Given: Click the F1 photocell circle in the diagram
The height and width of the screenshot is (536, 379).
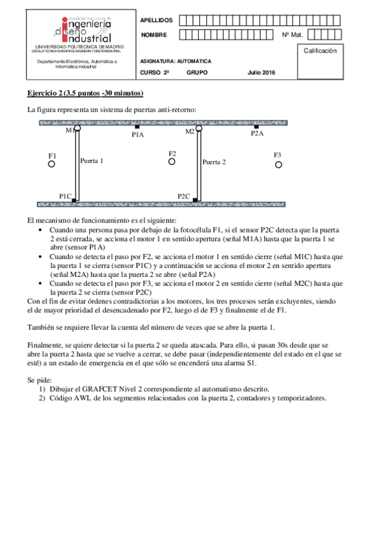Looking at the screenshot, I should (52, 164).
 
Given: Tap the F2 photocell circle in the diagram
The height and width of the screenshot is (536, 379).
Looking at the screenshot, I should (171, 162).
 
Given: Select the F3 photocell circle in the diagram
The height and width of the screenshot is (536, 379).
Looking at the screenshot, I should (278, 164).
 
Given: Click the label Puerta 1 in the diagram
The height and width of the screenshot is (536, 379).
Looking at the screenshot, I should (92, 161).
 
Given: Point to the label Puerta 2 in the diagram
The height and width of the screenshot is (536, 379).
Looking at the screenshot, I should (214, 162).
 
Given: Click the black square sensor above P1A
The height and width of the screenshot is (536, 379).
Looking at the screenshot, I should (137, 127).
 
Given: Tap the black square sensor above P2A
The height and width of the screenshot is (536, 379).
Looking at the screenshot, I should (256, 127).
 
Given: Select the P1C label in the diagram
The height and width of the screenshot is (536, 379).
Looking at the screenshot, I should (65, 197).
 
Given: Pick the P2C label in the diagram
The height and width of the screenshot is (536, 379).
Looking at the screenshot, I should (184, 197).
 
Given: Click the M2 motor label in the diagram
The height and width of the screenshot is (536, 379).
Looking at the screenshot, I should (190, 131).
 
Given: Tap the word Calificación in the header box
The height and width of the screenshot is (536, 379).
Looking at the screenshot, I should (320, 51).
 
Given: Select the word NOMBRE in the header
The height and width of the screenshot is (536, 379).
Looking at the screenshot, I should (154, 35).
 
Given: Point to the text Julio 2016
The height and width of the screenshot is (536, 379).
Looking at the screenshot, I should (261, 73).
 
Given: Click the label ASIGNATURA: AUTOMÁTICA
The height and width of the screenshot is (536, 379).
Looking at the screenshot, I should (175, 61).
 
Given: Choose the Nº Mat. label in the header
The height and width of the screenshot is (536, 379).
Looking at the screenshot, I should (292, 35).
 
